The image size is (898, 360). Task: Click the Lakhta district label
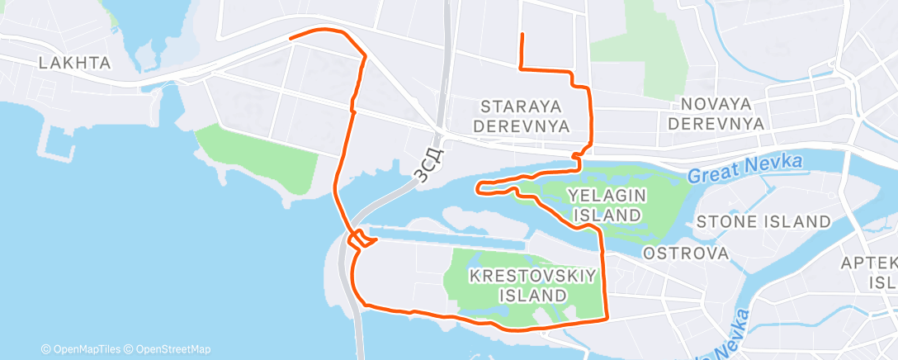(75, 62)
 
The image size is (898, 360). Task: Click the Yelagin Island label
(605, 204)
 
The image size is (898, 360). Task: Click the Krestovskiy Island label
(532, 284)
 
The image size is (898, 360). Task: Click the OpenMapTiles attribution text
(83, 349)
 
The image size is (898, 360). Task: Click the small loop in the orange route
(362, 240)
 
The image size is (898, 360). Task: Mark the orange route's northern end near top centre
(522, 34)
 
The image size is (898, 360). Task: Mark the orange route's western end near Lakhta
(290, 38)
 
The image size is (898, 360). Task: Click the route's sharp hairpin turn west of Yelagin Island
(478, 189)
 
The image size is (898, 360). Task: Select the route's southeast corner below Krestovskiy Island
(607, 317)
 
